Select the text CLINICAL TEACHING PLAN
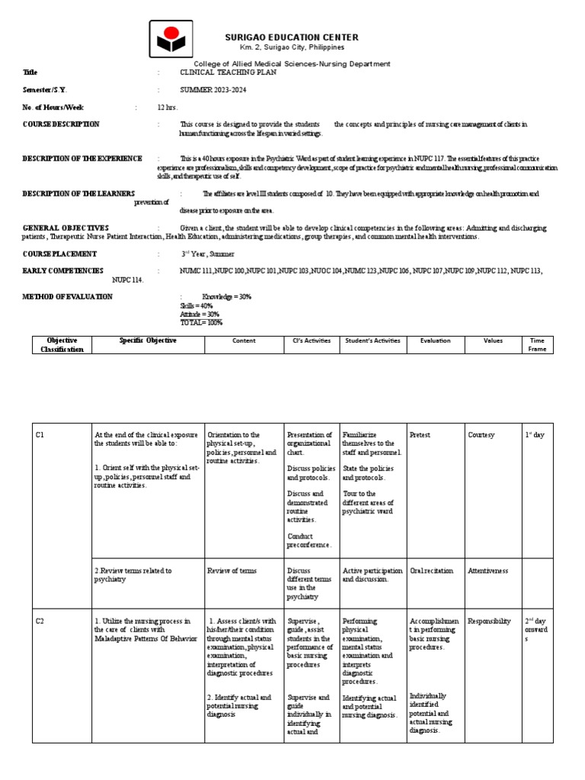[222, 72]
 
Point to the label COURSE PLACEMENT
[59, 254]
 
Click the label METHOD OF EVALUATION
[67, 296]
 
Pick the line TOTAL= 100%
[201, 322]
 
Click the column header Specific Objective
[148, 340]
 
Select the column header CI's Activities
[312, 340]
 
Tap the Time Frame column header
[537, 344]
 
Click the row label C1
[41, 435]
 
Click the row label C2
[41, 621]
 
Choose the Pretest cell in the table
[420, 435]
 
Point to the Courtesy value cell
[481, 435]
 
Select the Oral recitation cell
[432, 570]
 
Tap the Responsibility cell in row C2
[489, 621]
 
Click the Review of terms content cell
[232, 570]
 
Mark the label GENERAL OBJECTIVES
[66, 228]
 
